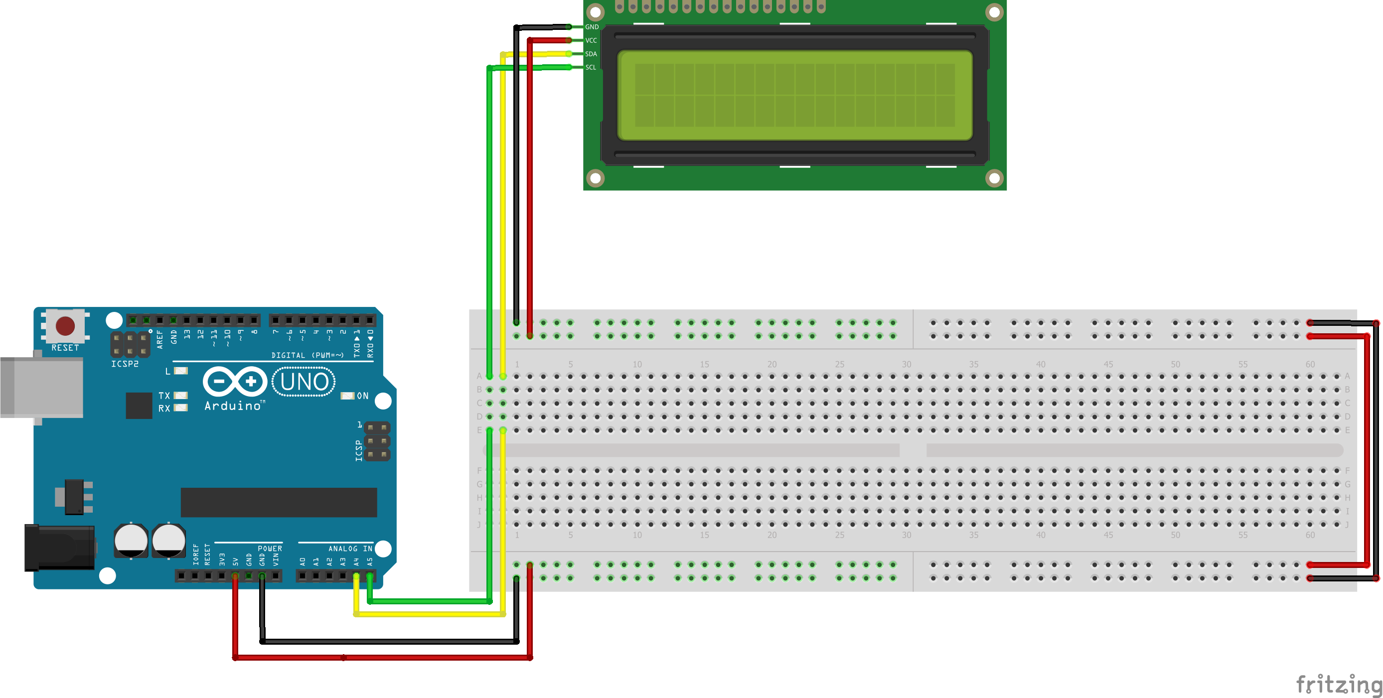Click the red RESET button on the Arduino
65,326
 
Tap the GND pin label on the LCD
592,27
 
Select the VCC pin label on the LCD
591,40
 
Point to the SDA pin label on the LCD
591,54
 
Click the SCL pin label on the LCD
591,67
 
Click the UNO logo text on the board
304,382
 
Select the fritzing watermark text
1339,685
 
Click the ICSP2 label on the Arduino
125,364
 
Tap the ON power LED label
363,396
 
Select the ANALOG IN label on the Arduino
350,549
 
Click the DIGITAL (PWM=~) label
307,355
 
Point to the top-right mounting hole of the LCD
994,12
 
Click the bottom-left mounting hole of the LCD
596,177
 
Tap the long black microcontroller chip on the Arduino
279,502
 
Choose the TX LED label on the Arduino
164,396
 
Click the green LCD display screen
794,95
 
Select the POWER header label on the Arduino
270,549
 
